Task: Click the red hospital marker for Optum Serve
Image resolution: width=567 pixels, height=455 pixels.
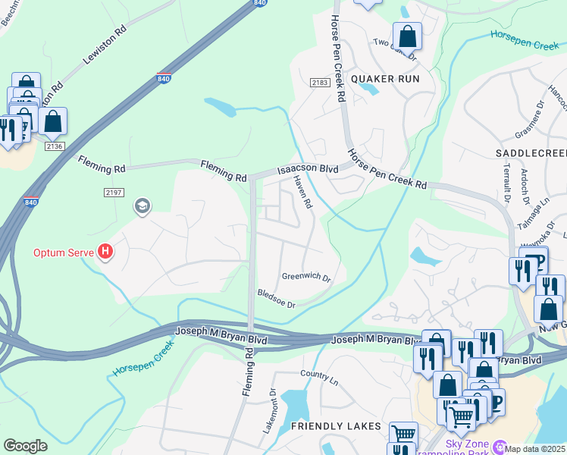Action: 105,252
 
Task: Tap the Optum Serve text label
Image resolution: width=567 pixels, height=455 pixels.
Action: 63,252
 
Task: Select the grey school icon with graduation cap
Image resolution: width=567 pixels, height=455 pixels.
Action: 142,206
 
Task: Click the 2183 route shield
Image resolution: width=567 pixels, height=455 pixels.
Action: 318,82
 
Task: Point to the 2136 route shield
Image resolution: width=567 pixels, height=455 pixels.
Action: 54,146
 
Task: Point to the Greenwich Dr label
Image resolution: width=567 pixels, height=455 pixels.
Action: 306,278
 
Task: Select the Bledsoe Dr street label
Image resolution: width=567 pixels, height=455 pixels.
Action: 276,299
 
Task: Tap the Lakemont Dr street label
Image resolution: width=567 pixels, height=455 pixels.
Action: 269,410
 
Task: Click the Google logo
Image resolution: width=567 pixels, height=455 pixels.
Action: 25,446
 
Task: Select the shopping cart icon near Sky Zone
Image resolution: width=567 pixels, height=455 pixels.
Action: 461,415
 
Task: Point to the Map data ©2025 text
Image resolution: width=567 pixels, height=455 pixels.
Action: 535,449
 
